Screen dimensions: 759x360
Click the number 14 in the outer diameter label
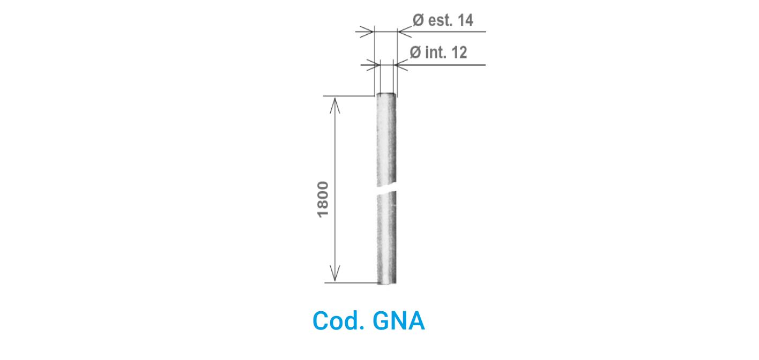click(465, 20)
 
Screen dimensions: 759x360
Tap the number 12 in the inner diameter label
click(459, 52)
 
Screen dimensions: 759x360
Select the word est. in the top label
click(441, 20)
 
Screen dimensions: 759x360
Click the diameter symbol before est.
click(418, 20)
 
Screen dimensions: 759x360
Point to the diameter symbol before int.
click(415, 52)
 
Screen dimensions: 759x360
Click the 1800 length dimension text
click(323, 199)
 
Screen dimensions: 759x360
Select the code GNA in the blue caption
click(398, 321)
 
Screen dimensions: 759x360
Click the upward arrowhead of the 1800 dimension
click(335, 105)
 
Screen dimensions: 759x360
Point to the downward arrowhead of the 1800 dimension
click(335, 273)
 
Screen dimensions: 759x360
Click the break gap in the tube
click(386, 189)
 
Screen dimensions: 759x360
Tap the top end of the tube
click(386, 94)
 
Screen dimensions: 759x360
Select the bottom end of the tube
click(386, 282)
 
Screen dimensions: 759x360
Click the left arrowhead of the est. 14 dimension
click(367, 32)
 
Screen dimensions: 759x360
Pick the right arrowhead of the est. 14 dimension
click(405, 32)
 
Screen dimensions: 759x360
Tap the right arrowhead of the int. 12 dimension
click(401, 65)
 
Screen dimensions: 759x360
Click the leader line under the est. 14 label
click(442, 32)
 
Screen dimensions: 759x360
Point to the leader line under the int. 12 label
click(440, 65)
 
